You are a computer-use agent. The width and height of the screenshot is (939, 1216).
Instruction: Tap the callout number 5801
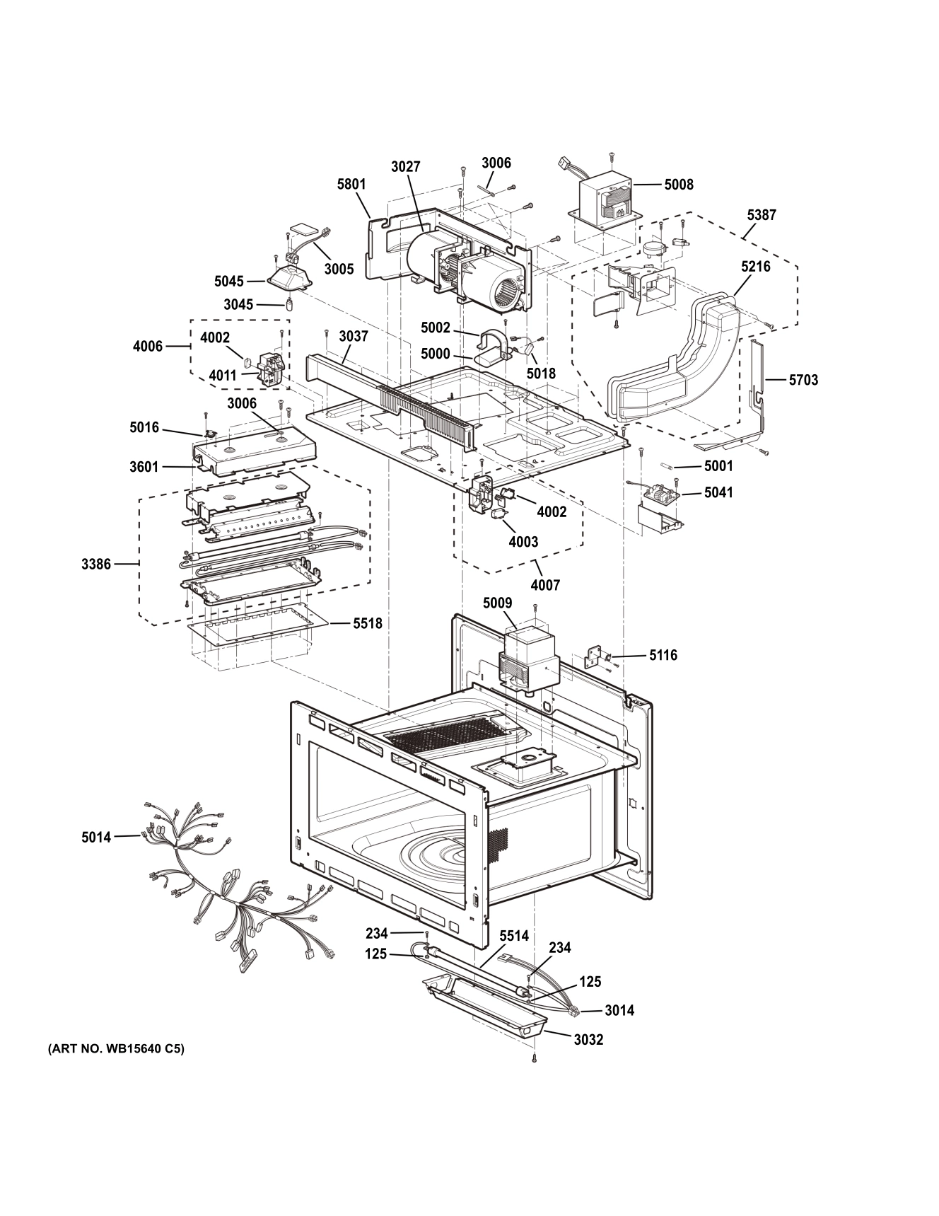pyautogui.click(x=351, y=185)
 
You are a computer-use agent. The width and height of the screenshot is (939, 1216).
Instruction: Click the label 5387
pyautogui.click(x=762, y=215)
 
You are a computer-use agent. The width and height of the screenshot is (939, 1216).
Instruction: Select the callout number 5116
pyautogui.click(x=663, y=655)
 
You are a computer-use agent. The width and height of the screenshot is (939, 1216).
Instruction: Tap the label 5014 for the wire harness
pyautogui.click(x=96, y=838)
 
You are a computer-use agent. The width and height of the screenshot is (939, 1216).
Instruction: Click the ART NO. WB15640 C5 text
pyautogui.click(x=116, y=1049)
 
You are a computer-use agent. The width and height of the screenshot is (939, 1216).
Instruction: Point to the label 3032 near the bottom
pyautogui.click(x=588, y=1040)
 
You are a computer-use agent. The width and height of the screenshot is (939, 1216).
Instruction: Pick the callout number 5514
pyautogui.click(x=513, y=936)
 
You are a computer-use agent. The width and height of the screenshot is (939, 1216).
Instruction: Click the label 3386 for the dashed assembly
pyautogui.click(x=96, y=564)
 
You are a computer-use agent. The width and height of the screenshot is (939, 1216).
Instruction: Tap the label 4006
pyautogui.click(x=148, y=346)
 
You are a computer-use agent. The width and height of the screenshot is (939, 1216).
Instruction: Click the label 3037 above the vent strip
pyautogui.click(x=353, y=336)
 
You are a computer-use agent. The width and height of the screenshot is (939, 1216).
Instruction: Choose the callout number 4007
pyautogui.click(x=545, y=585)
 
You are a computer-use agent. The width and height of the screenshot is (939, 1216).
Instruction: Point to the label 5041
pyautogui.click(x=718, y=492)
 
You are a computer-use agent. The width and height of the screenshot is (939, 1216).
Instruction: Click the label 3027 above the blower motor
pyautogui.click(x=405, y=167)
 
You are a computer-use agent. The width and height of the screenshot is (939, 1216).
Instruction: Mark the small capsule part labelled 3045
pyautogui.click(x=288, y=305)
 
